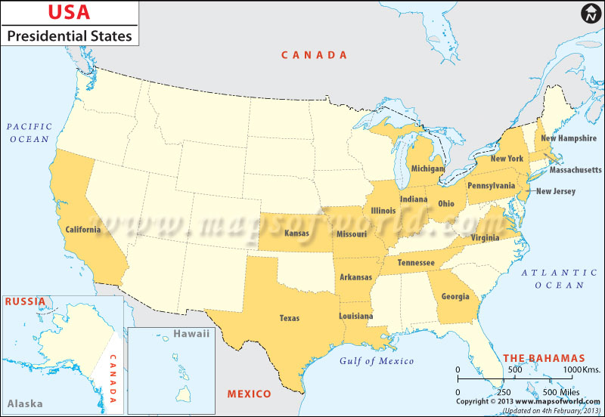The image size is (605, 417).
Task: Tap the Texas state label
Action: point(290,318)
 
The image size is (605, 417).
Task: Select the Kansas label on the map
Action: point(296,233)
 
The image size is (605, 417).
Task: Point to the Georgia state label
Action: point(455,296)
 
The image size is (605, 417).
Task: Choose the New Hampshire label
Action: point(569,138)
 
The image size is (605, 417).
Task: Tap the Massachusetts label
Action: point(575,170)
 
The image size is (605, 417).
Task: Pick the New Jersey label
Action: point(556,191)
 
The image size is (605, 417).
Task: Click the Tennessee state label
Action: point(416,262)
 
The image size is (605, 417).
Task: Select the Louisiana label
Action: point(355,316)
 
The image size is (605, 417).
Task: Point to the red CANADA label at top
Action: point(314,55)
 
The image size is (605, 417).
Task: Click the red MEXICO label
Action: point(249,394)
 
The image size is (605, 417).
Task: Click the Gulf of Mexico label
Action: point(376,361)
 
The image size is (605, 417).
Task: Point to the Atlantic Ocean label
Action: point(559,279)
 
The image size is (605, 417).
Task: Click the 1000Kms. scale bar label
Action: point(581,369)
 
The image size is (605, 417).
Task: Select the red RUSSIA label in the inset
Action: point(25,301)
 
